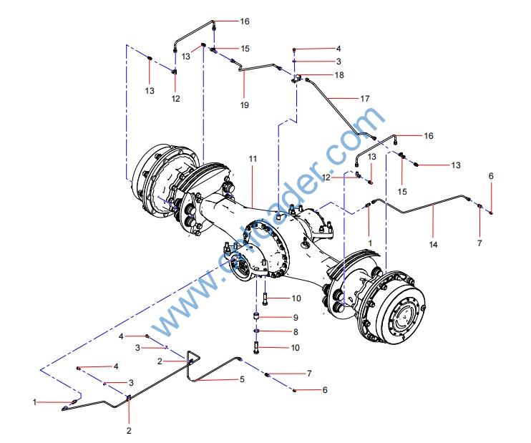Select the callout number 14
click(x=434, y=244)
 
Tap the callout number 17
click(x=366, y=97)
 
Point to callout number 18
click(x=339, y=74)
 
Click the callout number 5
click(x=242, y=379)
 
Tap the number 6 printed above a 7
click(x=491, y=176)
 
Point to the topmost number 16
click(x=245, y=21)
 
